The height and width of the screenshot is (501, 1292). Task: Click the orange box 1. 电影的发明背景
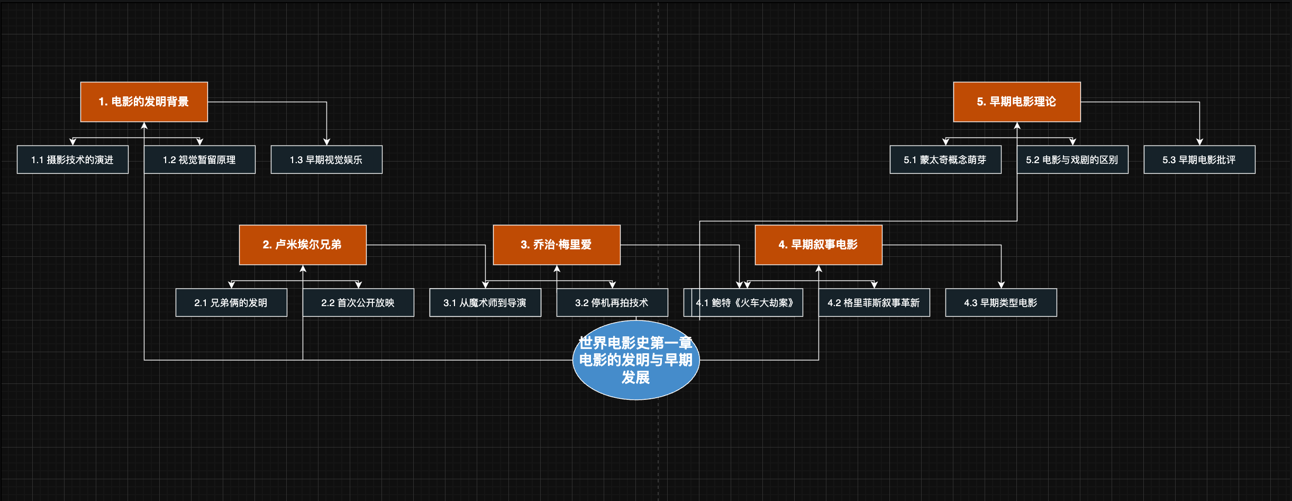pos(144,102)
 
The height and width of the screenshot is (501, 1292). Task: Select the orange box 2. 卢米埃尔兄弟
pos(303,245)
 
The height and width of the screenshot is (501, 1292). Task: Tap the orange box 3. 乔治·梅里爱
pos(557,245)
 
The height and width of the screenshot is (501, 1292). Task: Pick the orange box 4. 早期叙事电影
pos(818,245)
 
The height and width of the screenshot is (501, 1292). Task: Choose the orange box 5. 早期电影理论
pos(1017,102)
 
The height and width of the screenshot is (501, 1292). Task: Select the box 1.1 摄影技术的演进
pos(72,159)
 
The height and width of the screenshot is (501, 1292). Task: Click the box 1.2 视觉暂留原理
pos(199,159)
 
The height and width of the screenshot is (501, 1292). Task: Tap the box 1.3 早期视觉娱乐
pos(326,159)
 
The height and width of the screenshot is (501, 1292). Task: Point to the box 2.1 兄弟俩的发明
pos(231,302)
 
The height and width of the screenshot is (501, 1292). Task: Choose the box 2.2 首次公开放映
pos(358,302)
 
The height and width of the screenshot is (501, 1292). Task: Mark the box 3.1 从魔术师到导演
pos(485,302)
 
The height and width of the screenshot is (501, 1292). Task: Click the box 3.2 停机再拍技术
pos(612,302)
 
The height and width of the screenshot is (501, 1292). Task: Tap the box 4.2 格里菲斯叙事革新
pos(874,302)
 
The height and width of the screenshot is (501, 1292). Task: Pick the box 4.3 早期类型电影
pos(1001,302)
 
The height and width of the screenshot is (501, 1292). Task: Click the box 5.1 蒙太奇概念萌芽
pos(945,159)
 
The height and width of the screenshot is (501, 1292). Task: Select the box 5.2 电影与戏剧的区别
pos(1072,159)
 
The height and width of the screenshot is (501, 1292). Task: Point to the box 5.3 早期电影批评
pos(1199,159)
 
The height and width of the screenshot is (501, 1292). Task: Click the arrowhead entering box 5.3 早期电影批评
pos(1199,142)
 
